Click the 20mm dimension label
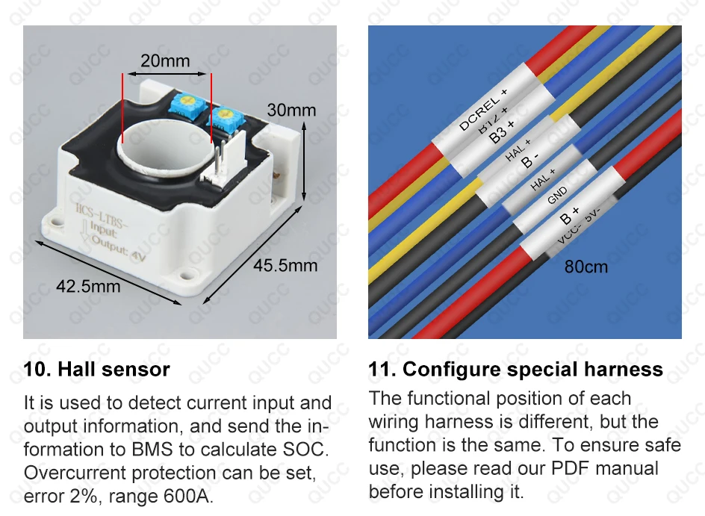(x=165, y=60)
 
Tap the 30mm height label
(x=291, y=111)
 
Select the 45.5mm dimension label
(x=285, y=266)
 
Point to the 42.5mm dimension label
(x=88, y=285)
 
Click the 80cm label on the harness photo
(x=586, y=267)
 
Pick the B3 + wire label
(x=502, y=131)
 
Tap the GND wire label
(x=558, y=196)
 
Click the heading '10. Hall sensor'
(x=96, y=369)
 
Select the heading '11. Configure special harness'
(x=515, y=369)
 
